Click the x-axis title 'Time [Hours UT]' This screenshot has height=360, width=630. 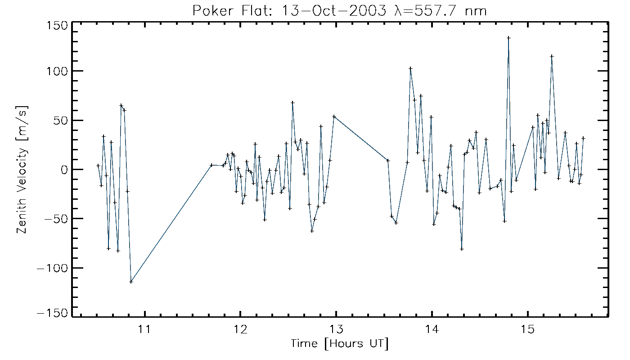click(339, 344)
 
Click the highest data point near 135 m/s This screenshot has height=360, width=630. click(508, 38)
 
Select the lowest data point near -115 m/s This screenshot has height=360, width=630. click(131, 282)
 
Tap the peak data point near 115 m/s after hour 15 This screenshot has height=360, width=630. click(552, 56)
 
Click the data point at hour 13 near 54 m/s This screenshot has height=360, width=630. click(334, 117)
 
